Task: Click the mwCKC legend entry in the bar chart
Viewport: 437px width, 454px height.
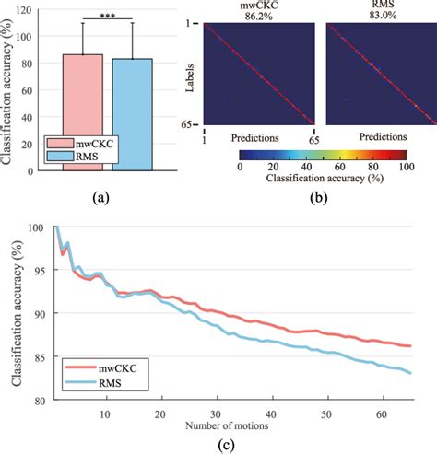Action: pyautogui.click(x=74, y=144)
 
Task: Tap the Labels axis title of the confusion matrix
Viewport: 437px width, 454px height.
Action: pyautogui.click(x=188, y=75)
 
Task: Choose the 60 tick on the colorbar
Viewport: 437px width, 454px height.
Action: pyautogui.click(x=337, y=168)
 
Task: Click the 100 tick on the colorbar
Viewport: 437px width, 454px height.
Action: pyautogui.click(x=402, y=168)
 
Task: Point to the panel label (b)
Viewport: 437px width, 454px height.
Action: pyautogui.click(x=319, y=196)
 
